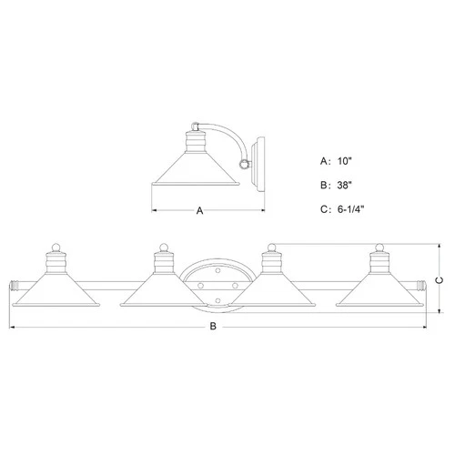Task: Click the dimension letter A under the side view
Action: click(x=199, y=210)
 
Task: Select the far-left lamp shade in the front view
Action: click(x=54, y=292)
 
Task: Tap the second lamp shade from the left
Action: click(x=162, y=292)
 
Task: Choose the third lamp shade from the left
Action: click(x=269, y=292)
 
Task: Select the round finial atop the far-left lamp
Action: click(x=54, y=247)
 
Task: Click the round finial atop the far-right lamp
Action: click(x=376, y=247)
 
